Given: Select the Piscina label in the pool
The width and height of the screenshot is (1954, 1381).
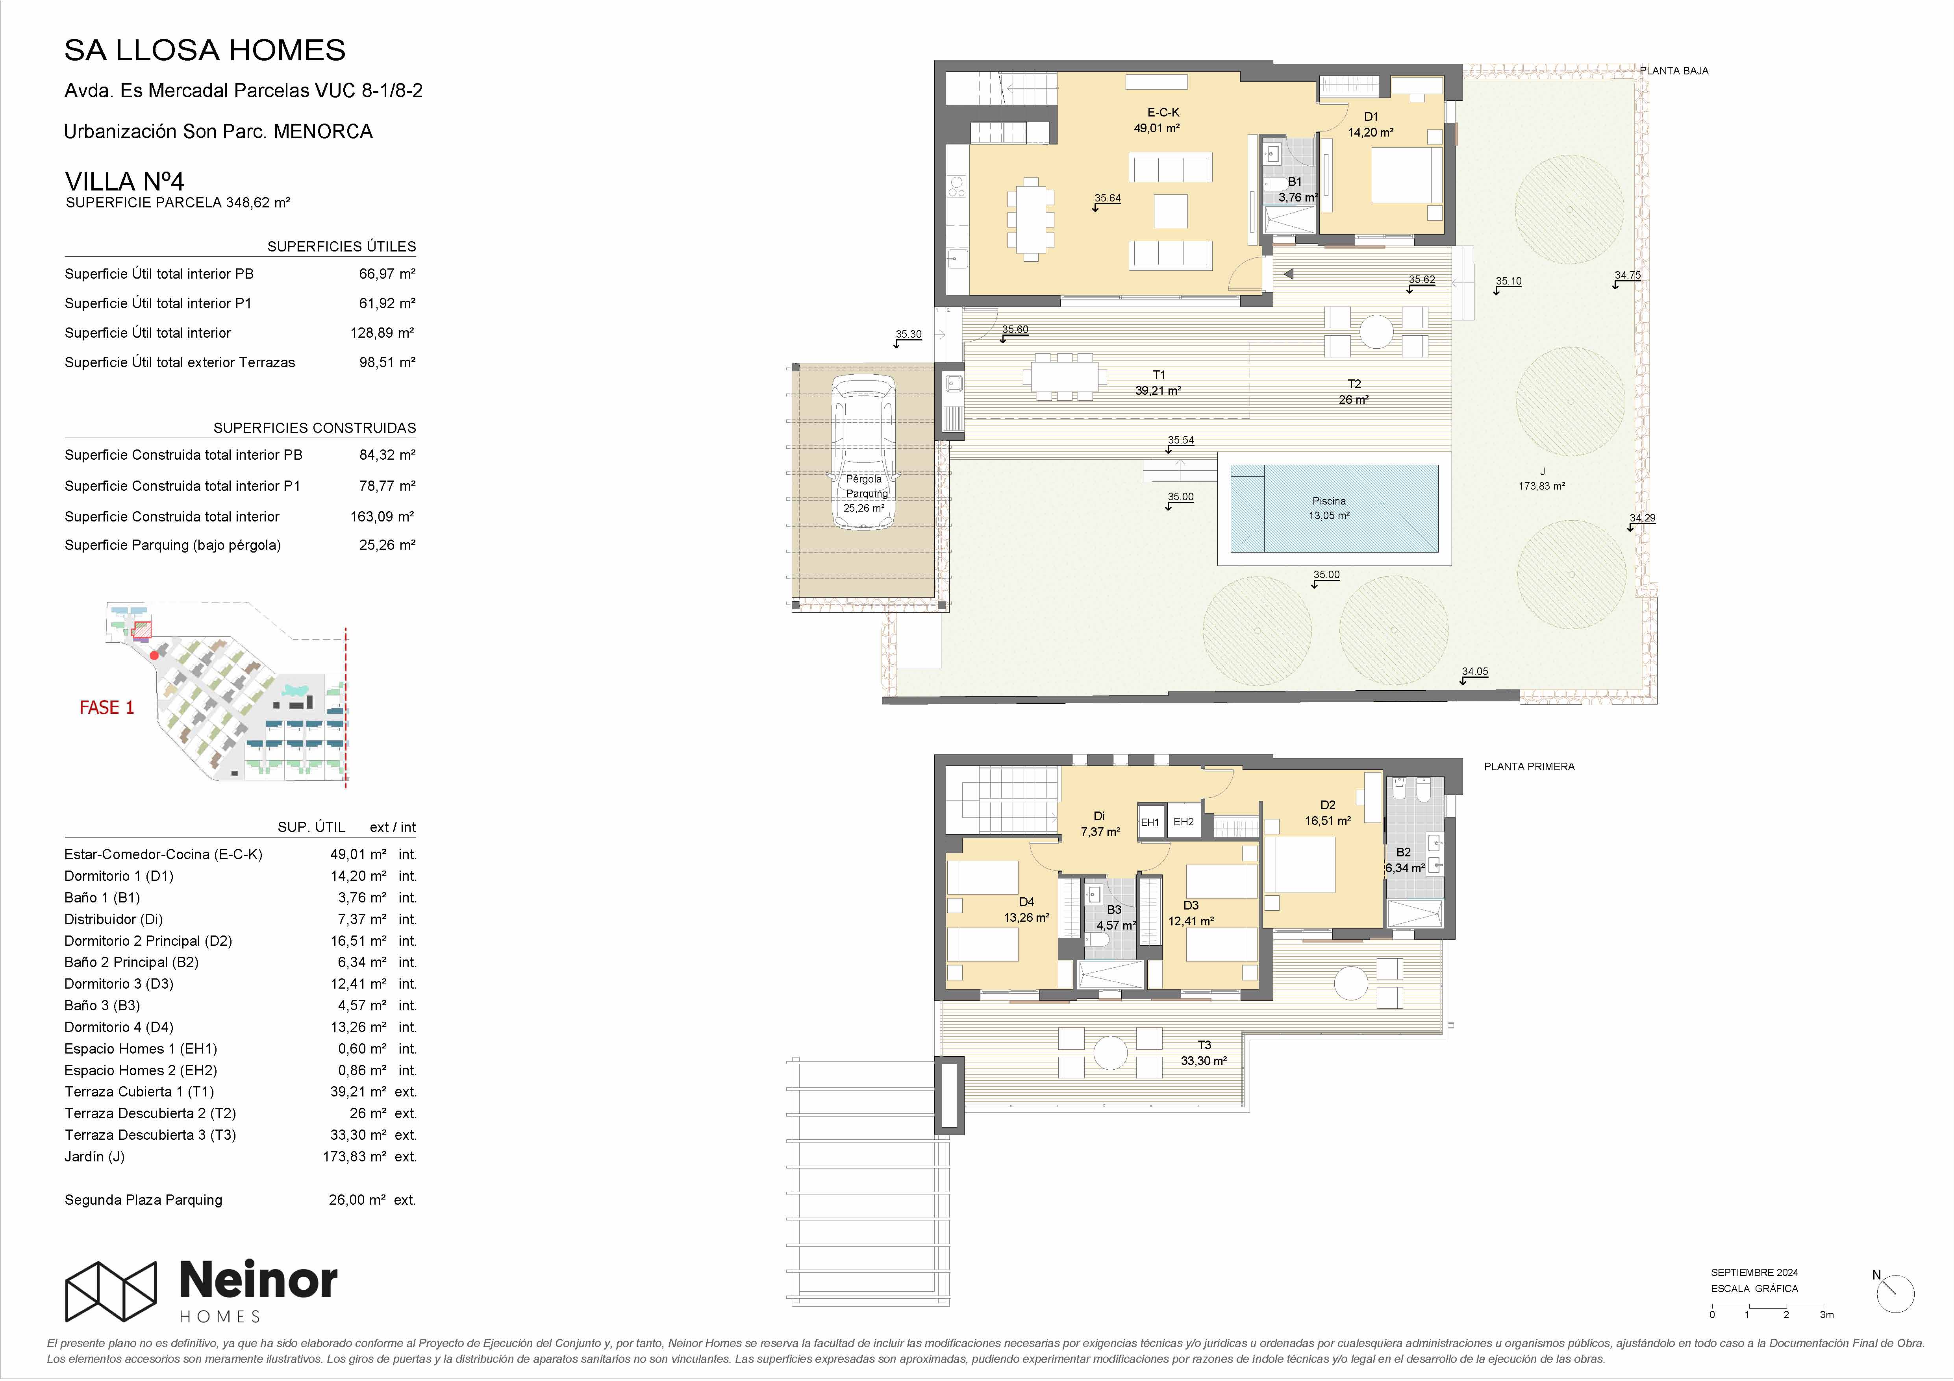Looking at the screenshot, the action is pyautogui.click(x=1328, y=501).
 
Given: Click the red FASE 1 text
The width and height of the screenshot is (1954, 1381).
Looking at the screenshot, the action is pyautogui.click(x=106, y=708).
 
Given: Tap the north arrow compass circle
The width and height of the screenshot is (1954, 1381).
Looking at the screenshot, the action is pyautogui.click(x=1895, y=1294).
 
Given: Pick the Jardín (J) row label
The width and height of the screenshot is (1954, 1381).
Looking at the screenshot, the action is pyautogui.click(x=94, y=1156).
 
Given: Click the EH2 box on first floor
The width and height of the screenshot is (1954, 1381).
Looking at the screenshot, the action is pyautogui.click(x=1183, y=822).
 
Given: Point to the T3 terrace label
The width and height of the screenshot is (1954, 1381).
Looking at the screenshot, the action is pyautogui.click(x=1204, y=1045).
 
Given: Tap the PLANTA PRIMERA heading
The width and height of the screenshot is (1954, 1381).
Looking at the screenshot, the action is pyautogui.click(x=1529, y=767).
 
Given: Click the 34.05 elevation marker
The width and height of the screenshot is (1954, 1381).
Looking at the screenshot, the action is pyautogui.click(x=1475, y=672).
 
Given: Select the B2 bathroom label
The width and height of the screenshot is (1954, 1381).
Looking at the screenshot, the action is pyautogui.click(x=1403, y=852).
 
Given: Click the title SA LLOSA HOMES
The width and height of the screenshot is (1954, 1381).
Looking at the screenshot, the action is pyautogui.click(x=205, y=50).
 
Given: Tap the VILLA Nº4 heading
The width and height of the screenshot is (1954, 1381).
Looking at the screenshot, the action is pyautogui.click(x=124, y=181).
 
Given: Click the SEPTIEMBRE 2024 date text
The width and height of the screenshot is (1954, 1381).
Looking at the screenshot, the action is pyautogui.click(x=1755, y=1273).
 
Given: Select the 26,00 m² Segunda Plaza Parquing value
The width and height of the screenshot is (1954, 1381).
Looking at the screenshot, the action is pyautogui.click(x=357, y=1200).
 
